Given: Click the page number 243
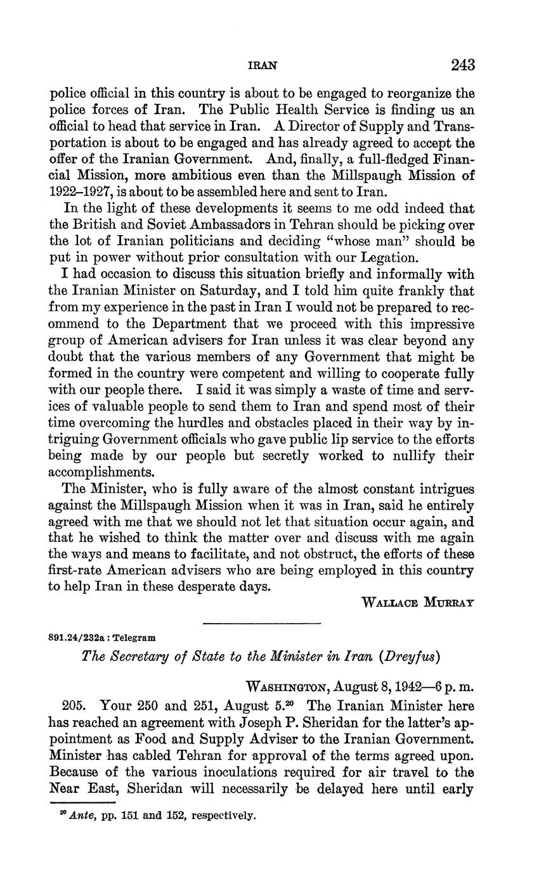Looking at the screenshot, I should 462,65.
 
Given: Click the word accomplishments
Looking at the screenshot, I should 102,472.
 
